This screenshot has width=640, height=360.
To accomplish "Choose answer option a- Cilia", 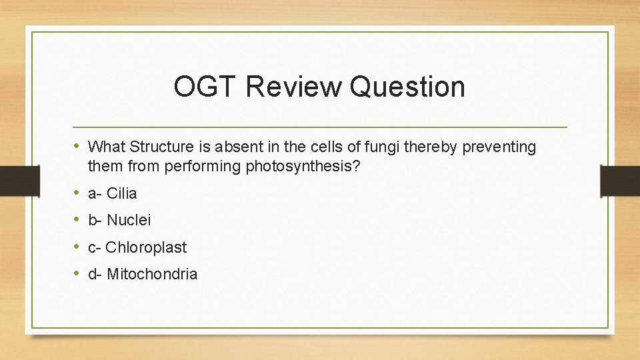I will (112, 194).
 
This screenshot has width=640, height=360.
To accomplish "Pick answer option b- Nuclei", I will (119, 220).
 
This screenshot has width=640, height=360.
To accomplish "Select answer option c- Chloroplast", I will (137, 247).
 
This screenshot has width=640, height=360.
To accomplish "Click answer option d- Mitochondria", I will (143, 274).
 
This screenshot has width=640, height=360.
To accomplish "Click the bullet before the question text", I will (78, 146).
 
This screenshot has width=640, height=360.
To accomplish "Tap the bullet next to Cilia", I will (78, 193).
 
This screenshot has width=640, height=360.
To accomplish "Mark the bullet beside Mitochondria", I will (78, 273).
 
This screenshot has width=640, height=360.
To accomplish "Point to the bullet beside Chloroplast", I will (78, 247).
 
